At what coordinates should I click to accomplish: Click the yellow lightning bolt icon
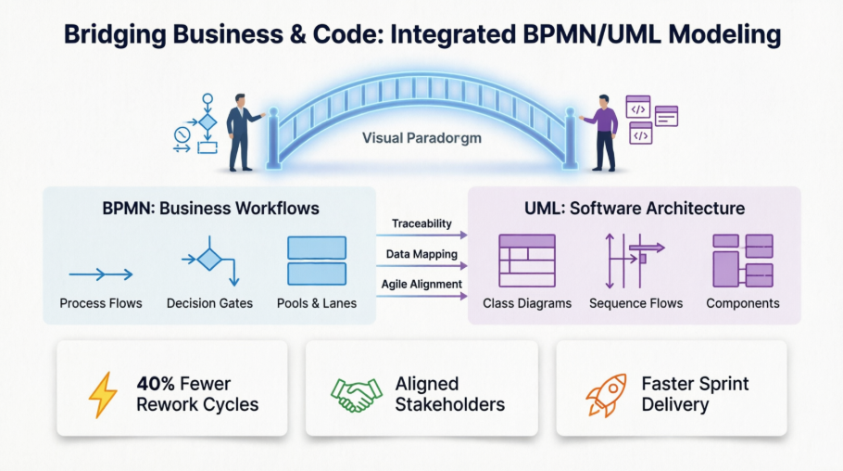pyautogui.click(x=103, y=394)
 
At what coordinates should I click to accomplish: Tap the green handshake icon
pyautogui.click(x=357, y=394)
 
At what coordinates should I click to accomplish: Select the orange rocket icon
pyautogui.click(x=607, y=394)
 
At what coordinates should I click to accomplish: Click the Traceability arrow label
pyautogui.click(x=421, y=223)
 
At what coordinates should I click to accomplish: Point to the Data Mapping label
pyautogui.click(x=421, y=254)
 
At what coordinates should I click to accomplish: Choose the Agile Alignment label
pyautogui.click(x=421, y=285)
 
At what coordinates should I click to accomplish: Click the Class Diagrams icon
pyautogui.click(x=526, y=261)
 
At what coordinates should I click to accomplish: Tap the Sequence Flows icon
pyautogui.click(x=635, y=261)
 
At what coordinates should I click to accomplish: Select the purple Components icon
pyautogui.click(x=742, y=261)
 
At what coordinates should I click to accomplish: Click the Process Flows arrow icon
pyautogui.click(x=101, y=274)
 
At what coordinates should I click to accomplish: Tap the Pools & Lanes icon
pyautogui.click(x=317, y=261)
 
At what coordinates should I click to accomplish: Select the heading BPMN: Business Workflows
pyautogui.click(x=210, y=208)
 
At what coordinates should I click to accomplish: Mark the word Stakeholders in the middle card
pyautogui.click(x=449, y=404)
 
